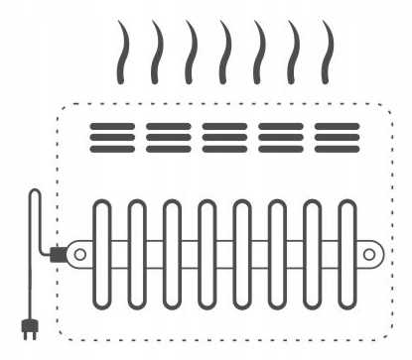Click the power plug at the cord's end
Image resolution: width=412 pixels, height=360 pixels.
[28, 326]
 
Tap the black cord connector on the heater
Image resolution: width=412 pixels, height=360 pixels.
[58, 255]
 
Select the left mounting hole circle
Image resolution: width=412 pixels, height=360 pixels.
[80, 255]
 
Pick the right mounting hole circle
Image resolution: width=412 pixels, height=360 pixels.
[369, 255]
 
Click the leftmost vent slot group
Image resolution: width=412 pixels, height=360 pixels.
[111, 137]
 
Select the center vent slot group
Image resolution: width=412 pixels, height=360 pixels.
[224, 137]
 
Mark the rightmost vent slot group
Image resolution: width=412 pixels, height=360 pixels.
[337, 137]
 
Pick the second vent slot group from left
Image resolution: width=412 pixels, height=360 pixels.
[168, 137]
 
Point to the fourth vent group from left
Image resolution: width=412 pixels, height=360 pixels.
[281, 137]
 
